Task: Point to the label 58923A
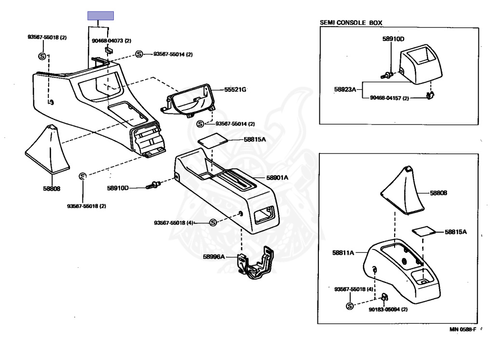click(x=345, y=89)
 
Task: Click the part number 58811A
click(x=343, y=252)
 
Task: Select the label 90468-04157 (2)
click(x=389, y=98)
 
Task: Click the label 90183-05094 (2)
click(x=388, y=309)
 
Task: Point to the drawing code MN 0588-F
click(x=463, y=330)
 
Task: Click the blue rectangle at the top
click(x=100, y=15)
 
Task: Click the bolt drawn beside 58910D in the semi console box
click(x=387, y=75)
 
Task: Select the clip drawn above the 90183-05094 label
click(x=384, y=296)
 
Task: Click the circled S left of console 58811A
click(x=350, y=306)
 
